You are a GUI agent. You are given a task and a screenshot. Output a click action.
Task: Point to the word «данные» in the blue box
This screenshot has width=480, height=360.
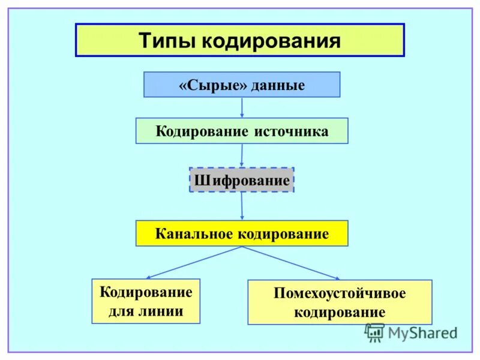pyautogui.click(x=278, y=85)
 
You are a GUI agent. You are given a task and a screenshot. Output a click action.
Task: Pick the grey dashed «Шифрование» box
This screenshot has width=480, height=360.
pyautogui.click(x=241, y=180)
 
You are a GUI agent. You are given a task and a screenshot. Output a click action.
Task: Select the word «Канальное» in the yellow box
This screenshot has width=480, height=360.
pyautogui.click(x=194, y=233)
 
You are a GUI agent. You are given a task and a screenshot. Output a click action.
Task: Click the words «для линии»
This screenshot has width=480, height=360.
pyautogui.click(x=146, y=312)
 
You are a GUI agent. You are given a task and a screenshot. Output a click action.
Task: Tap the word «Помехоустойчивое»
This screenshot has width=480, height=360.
pyautogui.click(x=340, y=294)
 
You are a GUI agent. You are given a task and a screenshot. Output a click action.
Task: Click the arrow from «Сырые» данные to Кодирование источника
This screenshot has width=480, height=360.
pyautogui.click(x=242, y=107)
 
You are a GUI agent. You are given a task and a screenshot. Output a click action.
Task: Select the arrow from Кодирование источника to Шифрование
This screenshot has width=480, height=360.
pyautogui.click(x=242, y=155)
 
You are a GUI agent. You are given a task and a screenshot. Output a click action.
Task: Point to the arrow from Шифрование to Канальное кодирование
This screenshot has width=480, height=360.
pyautogui.click(x=242, y=206)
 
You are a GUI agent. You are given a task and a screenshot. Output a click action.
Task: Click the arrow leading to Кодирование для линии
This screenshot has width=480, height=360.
pyautogui.click(x=192, y=263)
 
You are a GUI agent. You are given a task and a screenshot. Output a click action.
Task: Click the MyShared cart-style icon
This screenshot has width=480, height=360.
pyautogui.click(x=375, y=332)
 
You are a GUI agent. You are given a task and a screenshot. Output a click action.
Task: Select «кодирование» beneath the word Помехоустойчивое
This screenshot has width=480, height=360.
pyautogui.click(x=340, y=313)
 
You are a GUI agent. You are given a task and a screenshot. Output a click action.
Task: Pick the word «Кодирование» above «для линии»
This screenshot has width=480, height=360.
pyautogui.click(x=146, y=293)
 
